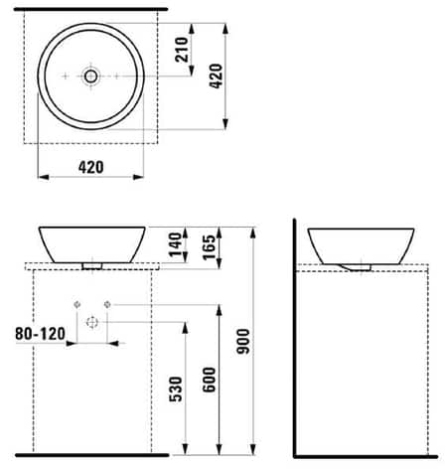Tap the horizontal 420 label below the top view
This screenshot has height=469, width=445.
(x=90, y=168)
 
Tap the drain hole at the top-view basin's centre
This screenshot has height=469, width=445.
(x=91, y=76)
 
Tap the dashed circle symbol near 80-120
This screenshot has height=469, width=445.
(x=91, y=322)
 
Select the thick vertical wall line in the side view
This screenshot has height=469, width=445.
(x=294, y=338)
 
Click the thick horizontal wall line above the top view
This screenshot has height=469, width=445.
(x=91, y=8)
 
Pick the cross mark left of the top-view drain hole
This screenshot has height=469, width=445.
(x=67, y=76)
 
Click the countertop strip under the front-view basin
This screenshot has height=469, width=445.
(x=91, y=266)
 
